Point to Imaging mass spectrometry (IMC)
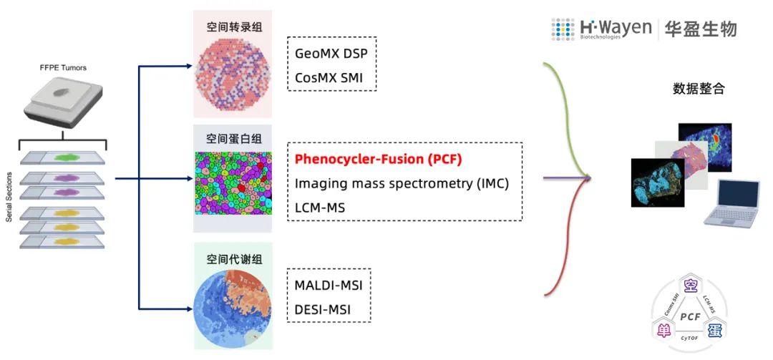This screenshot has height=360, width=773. pos(402,183)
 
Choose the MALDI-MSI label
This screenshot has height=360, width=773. pos(329,286)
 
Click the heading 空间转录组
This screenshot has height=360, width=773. pos(232,26)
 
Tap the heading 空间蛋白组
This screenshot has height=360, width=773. pos(232,139)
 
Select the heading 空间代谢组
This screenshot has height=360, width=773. pos(232,258)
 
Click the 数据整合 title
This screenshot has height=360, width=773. pos(699,89)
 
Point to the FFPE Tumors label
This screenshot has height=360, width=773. pos(64,69)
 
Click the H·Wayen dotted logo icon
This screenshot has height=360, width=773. pos(563,29)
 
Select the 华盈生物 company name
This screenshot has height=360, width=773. pos(702,29)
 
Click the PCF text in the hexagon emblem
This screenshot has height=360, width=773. pos(690,316)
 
